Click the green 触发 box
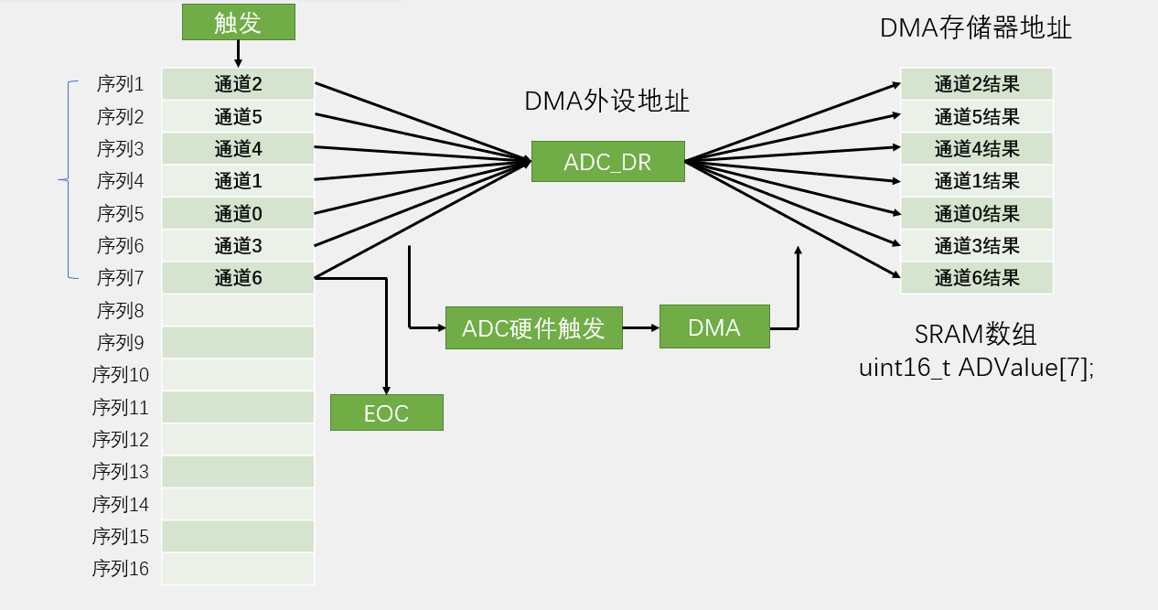point(238,22)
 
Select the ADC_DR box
point(607,162)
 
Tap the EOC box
point(386,412)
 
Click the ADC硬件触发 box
point(533,327)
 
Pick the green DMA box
point(713,327)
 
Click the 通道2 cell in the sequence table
point(238,84)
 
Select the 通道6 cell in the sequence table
point(238,278)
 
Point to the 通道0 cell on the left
point(238,214)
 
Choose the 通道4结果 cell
point(976,149)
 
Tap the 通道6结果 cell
point(976,278)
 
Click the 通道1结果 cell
point(976,181)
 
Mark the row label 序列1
point(120,84)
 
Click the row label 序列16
point(120,569)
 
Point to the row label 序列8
point(120,311)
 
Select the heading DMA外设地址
point(606,102)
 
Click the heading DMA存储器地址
point(975,28)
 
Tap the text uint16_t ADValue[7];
point(976,368)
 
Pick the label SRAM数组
point(976,333)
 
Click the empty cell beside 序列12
point(238,440)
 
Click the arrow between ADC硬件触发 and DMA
point(640,327)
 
